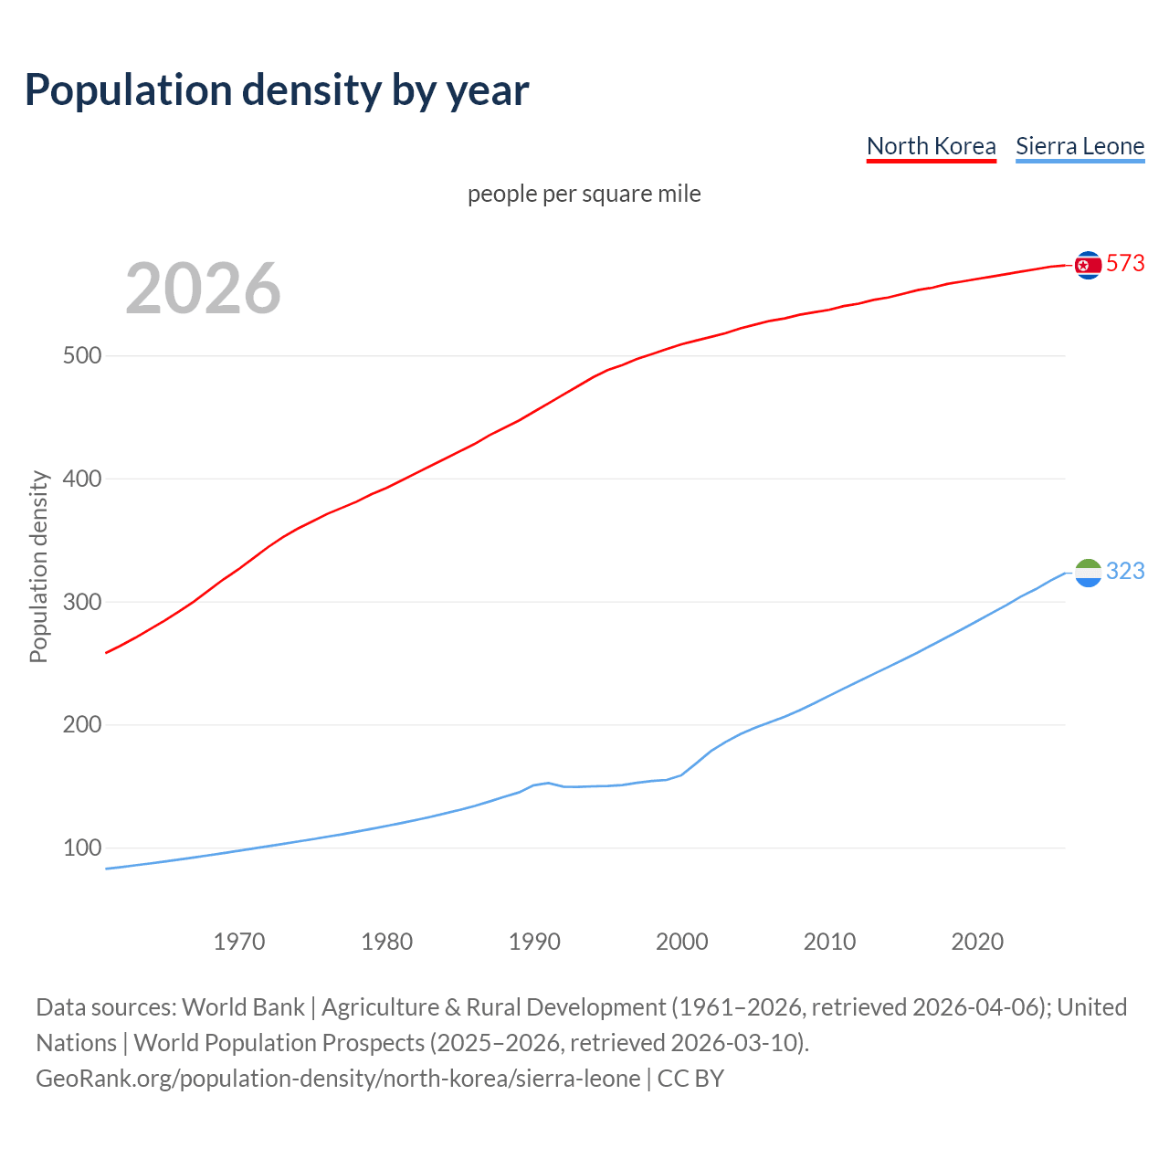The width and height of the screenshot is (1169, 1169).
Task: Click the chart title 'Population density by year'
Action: pos(277,90)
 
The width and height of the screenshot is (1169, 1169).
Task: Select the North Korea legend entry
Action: pos(931,146)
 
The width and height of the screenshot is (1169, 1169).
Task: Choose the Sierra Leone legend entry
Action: pos(1079,146)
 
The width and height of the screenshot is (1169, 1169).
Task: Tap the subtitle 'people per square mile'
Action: pos(584,194)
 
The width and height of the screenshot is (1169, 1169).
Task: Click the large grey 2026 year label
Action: pos(203,289)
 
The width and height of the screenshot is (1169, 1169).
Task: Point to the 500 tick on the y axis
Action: pos(81,355)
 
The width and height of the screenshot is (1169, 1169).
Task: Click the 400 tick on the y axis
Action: pos(81,479)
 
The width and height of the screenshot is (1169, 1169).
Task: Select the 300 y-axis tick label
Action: pos(81,602)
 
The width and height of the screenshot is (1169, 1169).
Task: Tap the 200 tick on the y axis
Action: pos(81,725)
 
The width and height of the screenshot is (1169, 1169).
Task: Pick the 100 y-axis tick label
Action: pos(81,848)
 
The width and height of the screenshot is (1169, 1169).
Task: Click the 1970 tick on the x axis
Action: pos(239,942)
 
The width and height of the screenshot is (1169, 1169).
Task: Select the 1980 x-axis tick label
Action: pos(386,942)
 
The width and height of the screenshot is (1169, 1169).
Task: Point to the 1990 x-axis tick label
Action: pos(534,942)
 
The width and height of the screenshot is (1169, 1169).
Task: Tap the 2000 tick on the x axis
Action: pos(682,942)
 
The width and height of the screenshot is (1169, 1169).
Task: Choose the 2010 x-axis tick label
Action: pos(829,942)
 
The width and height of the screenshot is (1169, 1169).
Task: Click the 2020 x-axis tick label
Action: pos(977,942)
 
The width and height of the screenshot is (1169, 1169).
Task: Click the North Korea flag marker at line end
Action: pos(1088,265)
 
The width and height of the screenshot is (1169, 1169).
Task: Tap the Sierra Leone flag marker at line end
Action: pos(1088,573)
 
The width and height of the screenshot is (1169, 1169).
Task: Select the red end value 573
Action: pos(1125,264)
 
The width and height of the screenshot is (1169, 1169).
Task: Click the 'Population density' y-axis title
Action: pos(38,566)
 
